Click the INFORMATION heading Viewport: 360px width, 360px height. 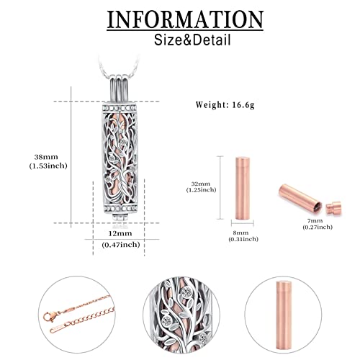coord(185,19)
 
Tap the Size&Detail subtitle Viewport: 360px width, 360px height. coord(192,40)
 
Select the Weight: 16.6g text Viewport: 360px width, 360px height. coord(225,105)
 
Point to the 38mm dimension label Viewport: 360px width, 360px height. coord(46,157)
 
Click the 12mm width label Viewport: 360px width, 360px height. coord(120,233)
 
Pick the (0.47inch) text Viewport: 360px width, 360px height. coord(121,245)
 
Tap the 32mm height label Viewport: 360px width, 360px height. coord(201,184)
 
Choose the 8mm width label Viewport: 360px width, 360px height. coord(240,233)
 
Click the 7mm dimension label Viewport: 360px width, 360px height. coord(315,221)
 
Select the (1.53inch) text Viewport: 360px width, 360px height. coord(48,166)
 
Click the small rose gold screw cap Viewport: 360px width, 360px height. coord(333,207)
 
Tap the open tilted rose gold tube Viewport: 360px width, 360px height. coord(300,198)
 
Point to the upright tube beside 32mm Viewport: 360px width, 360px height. coord(243,188)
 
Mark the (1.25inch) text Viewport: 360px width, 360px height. coord(201,190)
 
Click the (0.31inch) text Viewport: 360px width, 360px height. coord(243,239)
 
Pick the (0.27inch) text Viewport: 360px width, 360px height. coord(318,227)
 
